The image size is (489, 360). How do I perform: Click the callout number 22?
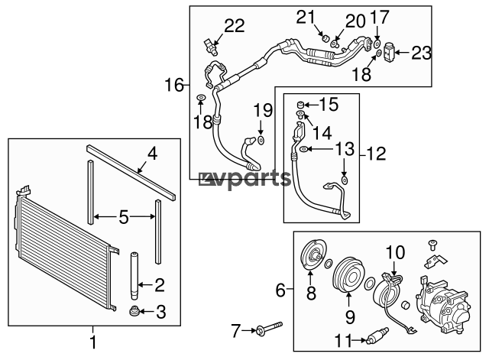235,25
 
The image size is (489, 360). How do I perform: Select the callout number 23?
421,53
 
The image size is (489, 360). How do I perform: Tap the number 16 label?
174,85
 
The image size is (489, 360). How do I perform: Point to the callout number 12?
377,154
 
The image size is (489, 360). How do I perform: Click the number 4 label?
153,154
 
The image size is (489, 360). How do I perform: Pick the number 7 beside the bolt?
236,331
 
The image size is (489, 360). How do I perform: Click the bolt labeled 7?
269,328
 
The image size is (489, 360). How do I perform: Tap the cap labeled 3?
134,311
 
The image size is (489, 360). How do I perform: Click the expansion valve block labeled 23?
389,52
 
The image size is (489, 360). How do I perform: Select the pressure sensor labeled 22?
211,46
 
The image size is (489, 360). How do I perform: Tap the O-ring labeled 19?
261,140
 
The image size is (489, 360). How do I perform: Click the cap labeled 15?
300,104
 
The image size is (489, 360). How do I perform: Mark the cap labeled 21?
326,39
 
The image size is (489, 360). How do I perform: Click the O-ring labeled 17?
377,43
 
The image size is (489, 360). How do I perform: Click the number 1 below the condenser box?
93,342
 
